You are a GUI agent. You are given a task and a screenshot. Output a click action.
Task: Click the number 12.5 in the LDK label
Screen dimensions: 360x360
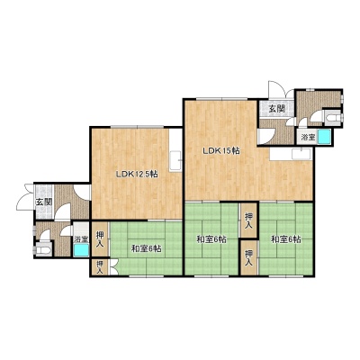pos(142,174)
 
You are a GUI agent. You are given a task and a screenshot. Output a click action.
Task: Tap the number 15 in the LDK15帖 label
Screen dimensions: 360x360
pos(227,151)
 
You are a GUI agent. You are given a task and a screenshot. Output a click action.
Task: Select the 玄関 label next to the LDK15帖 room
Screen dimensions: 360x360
pos(276,109)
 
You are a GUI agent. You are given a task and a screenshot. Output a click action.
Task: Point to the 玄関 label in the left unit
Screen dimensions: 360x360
pos(44,202)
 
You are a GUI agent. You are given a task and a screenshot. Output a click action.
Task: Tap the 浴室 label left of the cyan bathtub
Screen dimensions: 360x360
pos(308,138)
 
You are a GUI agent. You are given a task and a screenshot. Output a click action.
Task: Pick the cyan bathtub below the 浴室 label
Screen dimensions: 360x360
pos(81,250)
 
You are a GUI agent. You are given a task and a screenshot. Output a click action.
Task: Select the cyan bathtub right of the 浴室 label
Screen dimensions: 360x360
pos(324,136)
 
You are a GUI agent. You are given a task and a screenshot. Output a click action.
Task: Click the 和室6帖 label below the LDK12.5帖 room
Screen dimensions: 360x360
pos(147,248)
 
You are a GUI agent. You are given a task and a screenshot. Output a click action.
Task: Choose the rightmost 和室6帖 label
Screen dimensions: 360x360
pos(286,239)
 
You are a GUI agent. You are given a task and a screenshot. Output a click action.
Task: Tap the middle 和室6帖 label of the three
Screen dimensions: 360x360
pos(211,239)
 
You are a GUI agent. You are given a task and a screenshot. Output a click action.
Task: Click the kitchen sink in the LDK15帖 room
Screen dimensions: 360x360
pos(301,154)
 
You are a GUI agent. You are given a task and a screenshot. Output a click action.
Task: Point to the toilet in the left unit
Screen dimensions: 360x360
pos(42,249)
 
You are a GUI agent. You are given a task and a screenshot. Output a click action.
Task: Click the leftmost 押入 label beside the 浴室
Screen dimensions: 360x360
pos(100,238)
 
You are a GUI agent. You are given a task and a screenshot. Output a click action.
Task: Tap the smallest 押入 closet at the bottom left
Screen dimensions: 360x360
pos(100,267)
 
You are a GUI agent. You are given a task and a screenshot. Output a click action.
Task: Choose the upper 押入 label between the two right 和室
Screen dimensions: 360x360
pos(248,220)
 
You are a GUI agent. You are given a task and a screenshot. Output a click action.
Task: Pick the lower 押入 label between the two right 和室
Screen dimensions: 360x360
pos(248,258)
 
